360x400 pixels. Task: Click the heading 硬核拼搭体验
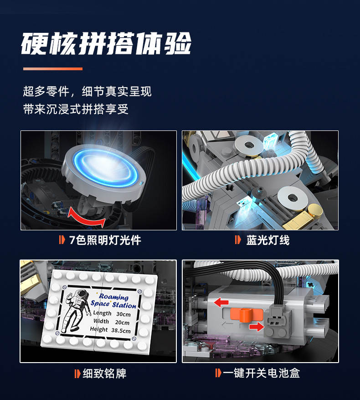click(x=106, y=43)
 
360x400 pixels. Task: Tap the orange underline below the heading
click(x=53, y=69)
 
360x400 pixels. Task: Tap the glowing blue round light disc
click(x=104, y=170)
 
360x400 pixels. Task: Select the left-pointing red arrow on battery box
click(x=221, y=302)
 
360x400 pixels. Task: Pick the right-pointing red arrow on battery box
click(x=257, y=327)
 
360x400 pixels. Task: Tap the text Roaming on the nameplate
click(x=114, y=296)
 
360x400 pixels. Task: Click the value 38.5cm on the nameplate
click(x=121, y=331)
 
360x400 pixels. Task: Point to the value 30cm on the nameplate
click(x=123, y=314)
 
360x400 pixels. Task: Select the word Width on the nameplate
click(x=101, y=321)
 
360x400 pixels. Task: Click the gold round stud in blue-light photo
click(x=314, y=211)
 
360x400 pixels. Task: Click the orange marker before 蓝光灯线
click(x=237, y=240)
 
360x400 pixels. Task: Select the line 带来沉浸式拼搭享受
click(x=76, y=109)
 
